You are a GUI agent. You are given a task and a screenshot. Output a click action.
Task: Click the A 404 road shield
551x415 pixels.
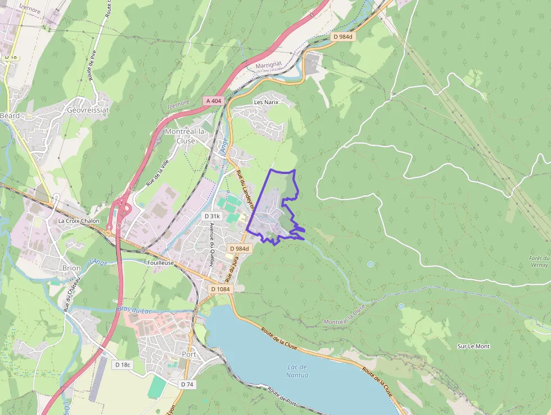(214, 101)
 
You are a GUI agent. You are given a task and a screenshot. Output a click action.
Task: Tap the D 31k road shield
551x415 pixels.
(213, 216)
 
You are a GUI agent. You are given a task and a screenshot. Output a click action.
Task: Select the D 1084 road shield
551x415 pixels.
(220, 289)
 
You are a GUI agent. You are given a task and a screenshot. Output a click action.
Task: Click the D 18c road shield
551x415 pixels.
(123, 365)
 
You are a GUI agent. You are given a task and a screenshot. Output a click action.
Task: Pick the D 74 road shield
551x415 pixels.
(187, 384)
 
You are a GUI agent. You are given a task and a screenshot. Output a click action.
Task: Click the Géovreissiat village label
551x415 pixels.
(88, 110)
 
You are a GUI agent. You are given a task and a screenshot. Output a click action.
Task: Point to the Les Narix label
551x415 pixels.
(267, 102)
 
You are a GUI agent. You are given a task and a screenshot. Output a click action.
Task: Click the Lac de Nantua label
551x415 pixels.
(297, 371)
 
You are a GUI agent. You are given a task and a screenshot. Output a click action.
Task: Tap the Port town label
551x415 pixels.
(189, 354)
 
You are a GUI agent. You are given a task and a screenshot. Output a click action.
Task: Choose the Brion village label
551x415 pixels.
(71, 268)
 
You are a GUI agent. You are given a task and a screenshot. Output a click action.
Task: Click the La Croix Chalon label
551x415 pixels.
(79, 221)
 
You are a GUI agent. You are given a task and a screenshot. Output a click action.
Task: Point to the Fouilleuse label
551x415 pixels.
(161, 263)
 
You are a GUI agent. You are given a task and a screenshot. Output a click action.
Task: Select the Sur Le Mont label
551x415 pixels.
(473, 346)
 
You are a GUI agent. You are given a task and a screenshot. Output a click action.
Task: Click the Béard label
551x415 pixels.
(10, 115)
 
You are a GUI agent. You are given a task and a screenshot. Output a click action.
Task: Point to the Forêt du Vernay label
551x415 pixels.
(538, 261)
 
